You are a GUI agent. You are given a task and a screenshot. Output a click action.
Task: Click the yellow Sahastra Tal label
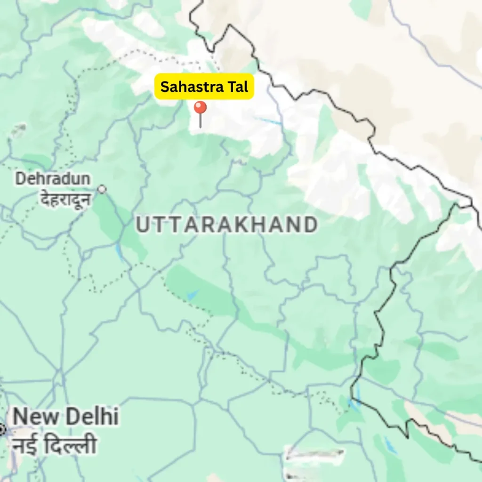click(204, 87)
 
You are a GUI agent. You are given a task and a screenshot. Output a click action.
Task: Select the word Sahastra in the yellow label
click(191, 87)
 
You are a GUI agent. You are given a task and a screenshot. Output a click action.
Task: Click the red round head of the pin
click(201, 108)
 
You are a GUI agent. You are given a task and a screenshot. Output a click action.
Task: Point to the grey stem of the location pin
click(201, 121)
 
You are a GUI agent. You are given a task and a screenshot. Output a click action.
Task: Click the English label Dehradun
click(52, 179)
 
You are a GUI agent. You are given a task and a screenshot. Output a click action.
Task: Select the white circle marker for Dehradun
click(102, 189)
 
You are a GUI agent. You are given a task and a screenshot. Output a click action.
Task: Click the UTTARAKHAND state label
click(226, 225)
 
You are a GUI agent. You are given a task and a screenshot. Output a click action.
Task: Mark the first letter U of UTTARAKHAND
click(143, 225)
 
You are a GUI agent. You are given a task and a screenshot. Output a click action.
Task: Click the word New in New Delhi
click(36, 417)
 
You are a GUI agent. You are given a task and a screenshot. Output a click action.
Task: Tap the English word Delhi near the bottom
click(92, 417)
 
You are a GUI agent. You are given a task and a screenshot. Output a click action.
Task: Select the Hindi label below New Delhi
click(54, 445)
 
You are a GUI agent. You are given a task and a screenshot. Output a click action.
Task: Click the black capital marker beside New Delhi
click(2, 429)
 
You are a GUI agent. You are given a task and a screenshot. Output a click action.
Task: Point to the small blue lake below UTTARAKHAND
click(193, 295)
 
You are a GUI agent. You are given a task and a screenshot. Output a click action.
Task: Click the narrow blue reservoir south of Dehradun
click(120, 253)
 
